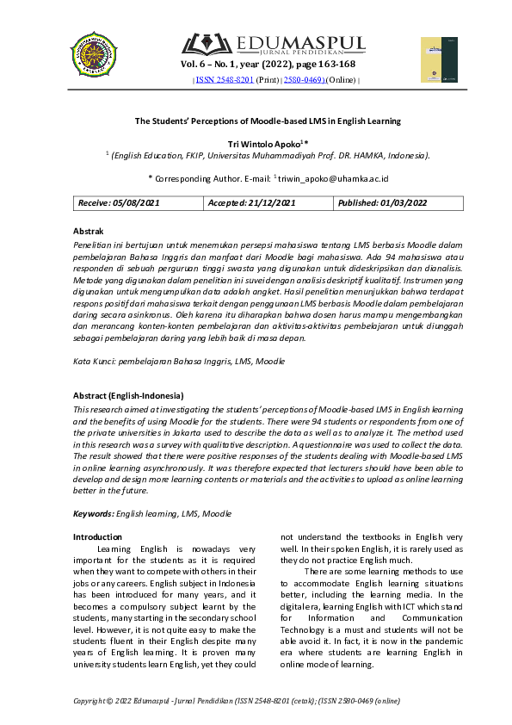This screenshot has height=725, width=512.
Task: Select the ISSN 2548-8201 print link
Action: pyautogui.click(x=225, y=79)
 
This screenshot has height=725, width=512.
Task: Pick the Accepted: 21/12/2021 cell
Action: pyautogui.click(x=252, y=202)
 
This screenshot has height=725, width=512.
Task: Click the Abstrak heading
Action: pyautogui.click(x=89, y=232)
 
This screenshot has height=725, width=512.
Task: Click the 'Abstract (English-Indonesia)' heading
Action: pyautogui.click(x=133, y=395)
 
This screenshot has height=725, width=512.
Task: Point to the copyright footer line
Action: pyautogui.click(x=237, y=701)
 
